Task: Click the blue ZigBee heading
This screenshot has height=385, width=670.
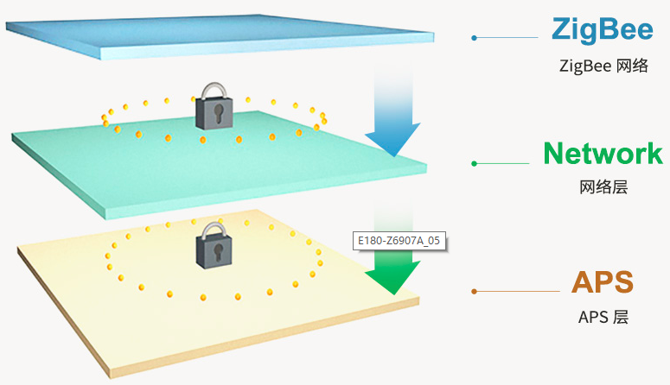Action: coord(603,30)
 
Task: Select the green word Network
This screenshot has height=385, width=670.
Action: coord(603,154)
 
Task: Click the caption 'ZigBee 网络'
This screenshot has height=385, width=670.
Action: coord(603,66)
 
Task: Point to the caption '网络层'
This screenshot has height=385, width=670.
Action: coord(603,187)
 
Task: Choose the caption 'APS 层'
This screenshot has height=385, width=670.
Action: coord(603,317)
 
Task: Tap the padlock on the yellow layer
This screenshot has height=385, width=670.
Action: coord(213,244)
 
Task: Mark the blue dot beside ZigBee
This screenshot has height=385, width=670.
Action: coord(474,38)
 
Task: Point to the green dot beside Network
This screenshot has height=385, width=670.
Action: coord(474,162)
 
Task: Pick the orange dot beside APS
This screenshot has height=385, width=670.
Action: coord(474,292)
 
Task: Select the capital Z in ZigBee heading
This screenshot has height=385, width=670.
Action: coord(562,30)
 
